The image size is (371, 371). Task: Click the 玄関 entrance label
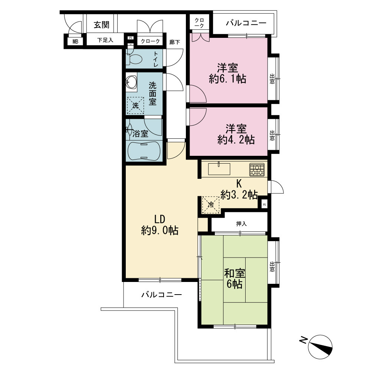(102, 24)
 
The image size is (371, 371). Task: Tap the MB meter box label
(75, 42)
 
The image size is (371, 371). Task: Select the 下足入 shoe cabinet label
(105, 40)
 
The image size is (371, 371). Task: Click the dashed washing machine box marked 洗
(135, 105)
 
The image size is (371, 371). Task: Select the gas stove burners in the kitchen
(257, 170)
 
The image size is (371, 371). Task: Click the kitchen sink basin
(219, 169)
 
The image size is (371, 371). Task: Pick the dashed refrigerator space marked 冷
(211, 205)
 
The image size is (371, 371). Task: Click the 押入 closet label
(242, 224)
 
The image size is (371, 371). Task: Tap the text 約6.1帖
(228, 79)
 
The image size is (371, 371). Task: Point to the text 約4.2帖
(236, 140)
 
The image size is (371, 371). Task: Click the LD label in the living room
(160, 219)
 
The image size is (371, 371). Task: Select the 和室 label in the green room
(234, 273)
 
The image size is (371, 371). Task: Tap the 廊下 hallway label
(175, 42)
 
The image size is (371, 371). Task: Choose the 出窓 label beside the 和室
(272, 266)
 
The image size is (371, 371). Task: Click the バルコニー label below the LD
(162, 295)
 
